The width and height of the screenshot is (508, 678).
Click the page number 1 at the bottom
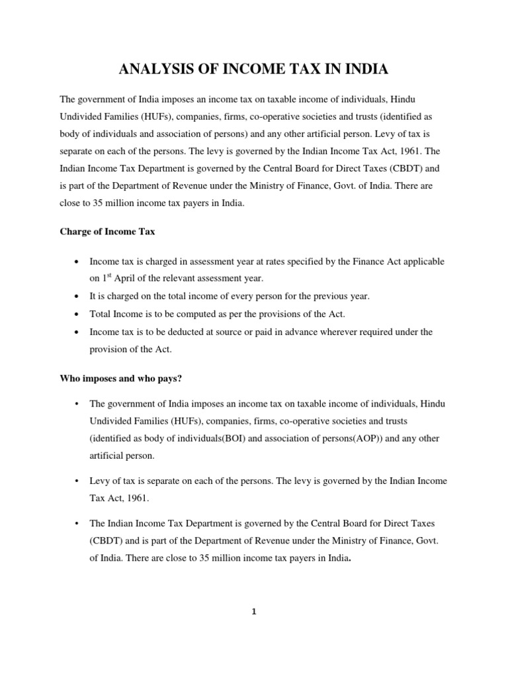(x=254, y=612)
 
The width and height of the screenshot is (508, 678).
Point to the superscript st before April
(x=110, y=275)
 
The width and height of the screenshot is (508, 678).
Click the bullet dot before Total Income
(x=78, y=313)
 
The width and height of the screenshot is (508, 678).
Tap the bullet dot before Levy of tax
(x=78, y=481)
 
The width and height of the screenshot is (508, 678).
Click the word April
(x=129, y=278)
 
